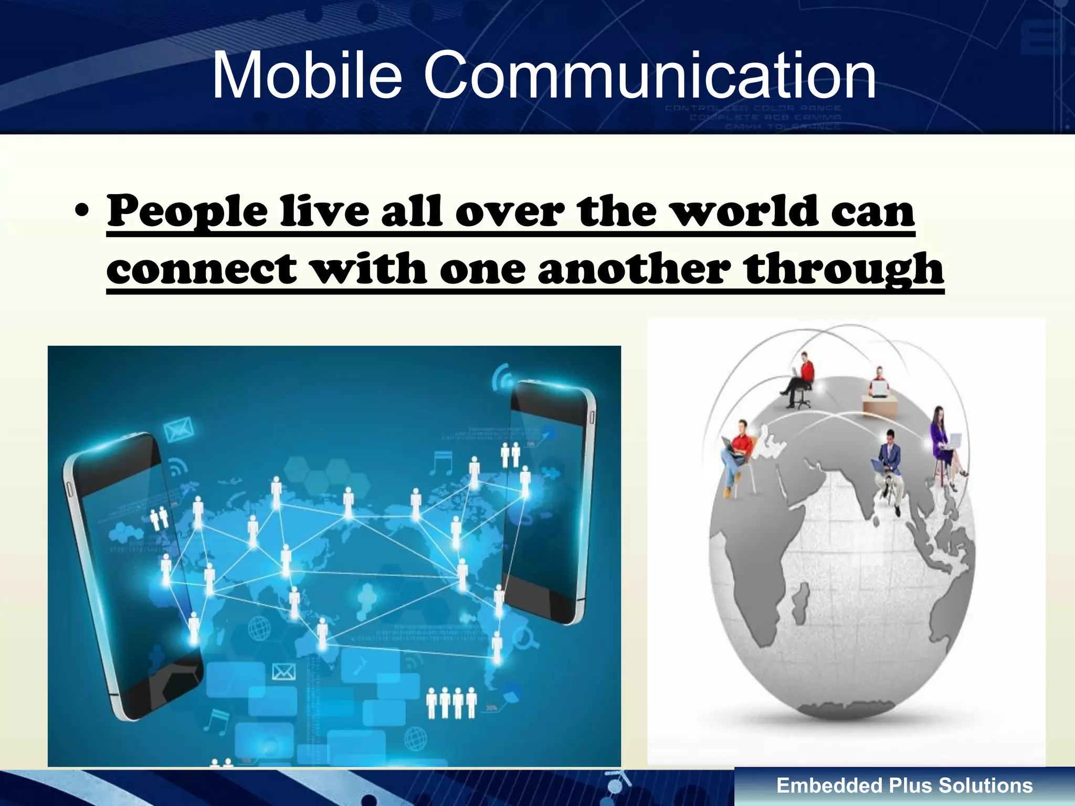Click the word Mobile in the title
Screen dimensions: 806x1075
(307, 76)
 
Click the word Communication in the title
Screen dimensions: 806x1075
(650, 76)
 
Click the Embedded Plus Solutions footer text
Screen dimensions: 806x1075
(904, 786)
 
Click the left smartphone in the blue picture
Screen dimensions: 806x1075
(131, 572)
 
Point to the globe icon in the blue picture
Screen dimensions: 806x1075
(258, 627)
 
